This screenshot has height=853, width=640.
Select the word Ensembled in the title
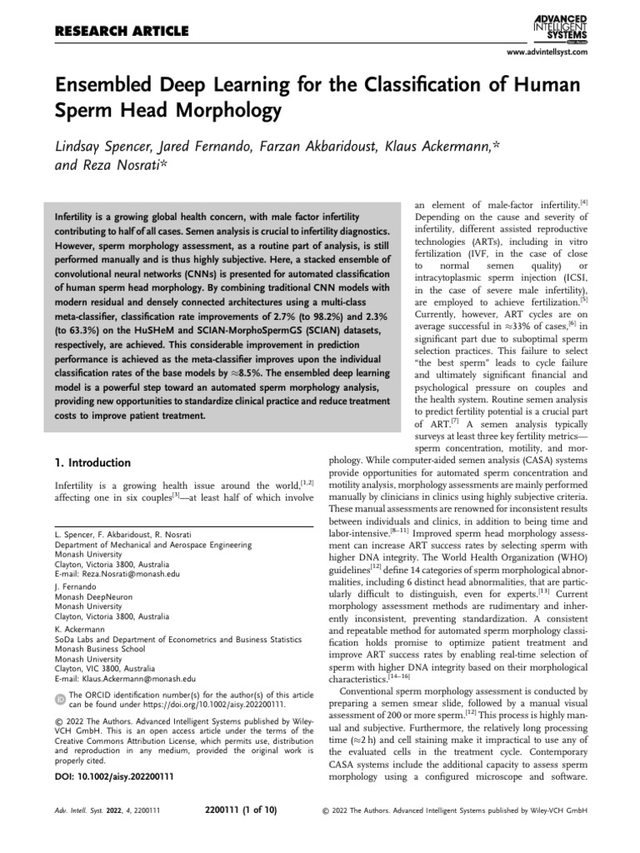(x=109, y=86)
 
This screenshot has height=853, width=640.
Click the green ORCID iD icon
(x=58, y=697)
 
